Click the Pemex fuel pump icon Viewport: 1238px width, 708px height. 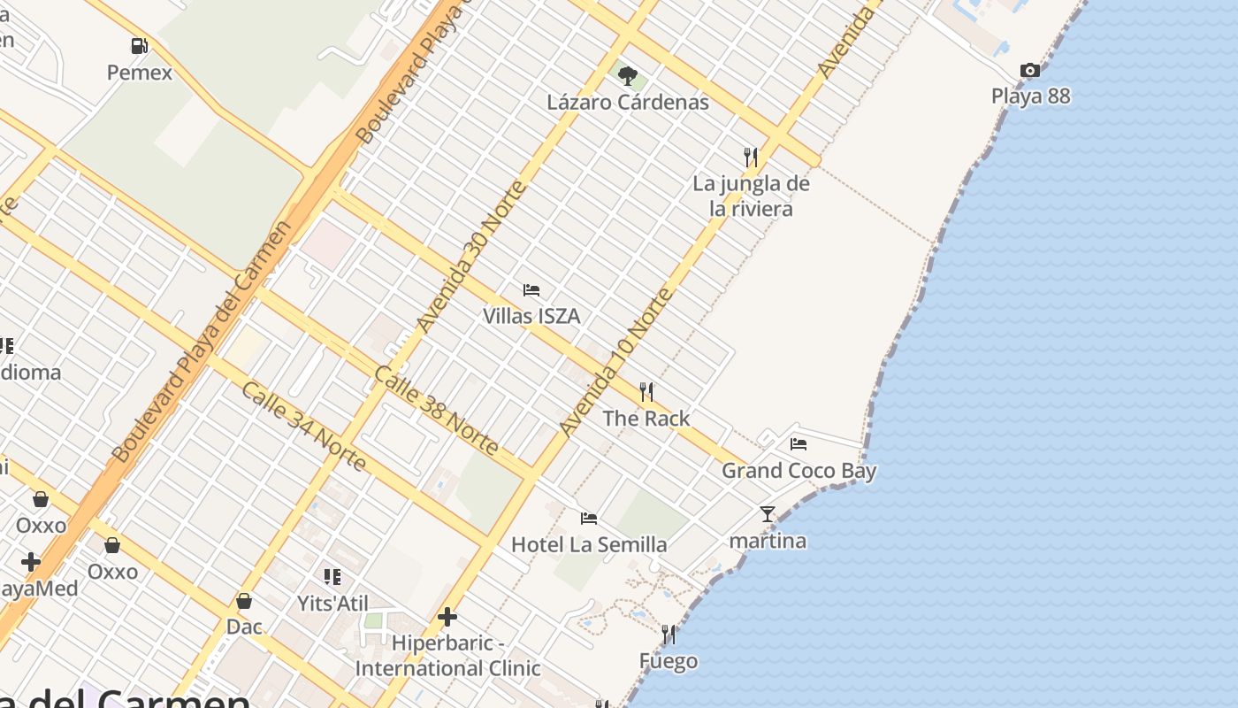click(x=139, y=46)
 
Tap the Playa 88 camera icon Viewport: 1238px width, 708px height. click(x=1030, y=71)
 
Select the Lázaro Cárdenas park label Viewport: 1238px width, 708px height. click(x=628, y=102)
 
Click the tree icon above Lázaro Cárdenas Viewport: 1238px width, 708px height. click(x=628, y=76)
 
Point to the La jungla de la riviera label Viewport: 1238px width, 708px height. click(x=751, y=196)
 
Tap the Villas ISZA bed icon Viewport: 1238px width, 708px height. click(x=531, y=290)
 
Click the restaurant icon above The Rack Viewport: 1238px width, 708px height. click(x=646, y=392)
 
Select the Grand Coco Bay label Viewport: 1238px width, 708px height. click(x=799, y=471)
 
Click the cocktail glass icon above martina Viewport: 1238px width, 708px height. click(x=767, y=514)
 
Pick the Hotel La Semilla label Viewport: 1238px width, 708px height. click(x=589, y=544)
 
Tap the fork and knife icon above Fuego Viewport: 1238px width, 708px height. click(x=669, y=635)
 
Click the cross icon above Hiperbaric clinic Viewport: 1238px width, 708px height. click(x=447, y=617)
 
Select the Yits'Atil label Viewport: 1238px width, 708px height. click(x=332, y=604)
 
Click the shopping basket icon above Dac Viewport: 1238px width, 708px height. click(x=244, y=602)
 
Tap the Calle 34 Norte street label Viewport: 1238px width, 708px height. click(x=303, y=427)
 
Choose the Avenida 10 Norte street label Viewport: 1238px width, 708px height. click(x=616, y=363)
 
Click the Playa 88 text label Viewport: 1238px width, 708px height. click(x=1030, y=96)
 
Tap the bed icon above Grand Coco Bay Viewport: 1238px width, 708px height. click(x=799, y=444)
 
